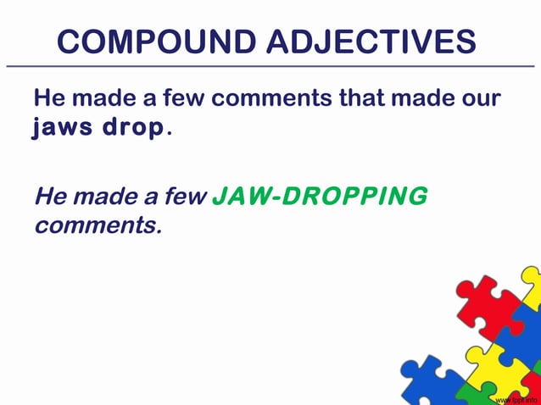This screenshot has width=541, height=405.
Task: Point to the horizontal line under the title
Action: [270, 65]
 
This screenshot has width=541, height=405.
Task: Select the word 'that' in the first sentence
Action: [361, 98]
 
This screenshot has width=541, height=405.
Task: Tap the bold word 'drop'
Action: [136, 130]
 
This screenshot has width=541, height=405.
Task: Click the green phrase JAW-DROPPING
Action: [320, 197]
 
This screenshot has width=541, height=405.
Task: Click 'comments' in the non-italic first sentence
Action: [271, 99]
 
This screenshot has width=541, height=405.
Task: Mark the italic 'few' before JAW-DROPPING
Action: [186, 197]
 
